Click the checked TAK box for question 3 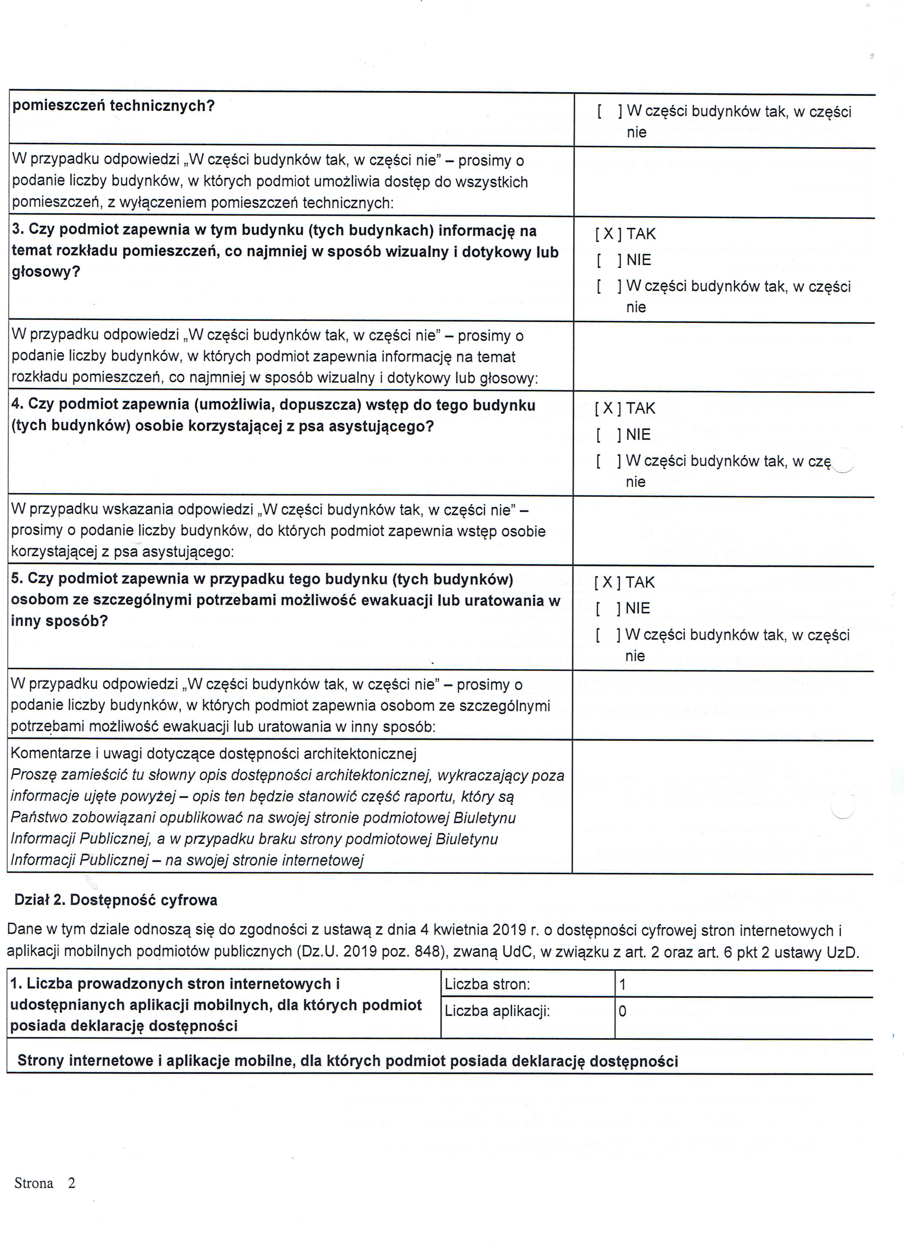(x=608, y=234)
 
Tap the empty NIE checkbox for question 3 (x=608, y=260)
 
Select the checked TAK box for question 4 (x=608, y=408)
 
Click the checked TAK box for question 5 (x=607, y=582)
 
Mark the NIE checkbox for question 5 (x=607, y=608)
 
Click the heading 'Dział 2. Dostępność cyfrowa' (x=116, y=900)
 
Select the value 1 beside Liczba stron (x=623, y=985)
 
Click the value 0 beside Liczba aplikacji (x=623, y=1011)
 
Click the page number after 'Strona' (x=71, y=1183)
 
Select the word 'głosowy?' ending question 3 (x=46, y=272)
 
